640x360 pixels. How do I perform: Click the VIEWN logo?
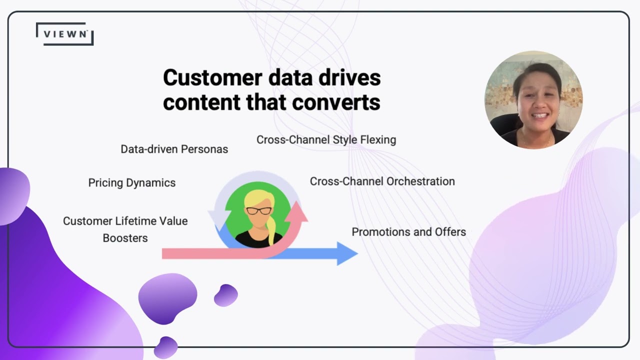[65, 34]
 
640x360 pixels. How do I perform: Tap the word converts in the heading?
[344, 102]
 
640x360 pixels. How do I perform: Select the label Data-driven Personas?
[174, 149]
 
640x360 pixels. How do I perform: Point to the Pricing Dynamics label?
[131, 183]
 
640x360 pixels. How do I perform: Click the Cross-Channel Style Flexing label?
[326, 140]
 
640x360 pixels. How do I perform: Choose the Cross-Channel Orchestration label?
[382, 181]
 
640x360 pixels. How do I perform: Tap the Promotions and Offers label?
[408, 232]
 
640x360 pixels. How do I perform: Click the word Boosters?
[125, 238]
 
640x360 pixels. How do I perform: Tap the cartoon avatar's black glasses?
[258, 210]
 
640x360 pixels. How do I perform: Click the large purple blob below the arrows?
[167, 297]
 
